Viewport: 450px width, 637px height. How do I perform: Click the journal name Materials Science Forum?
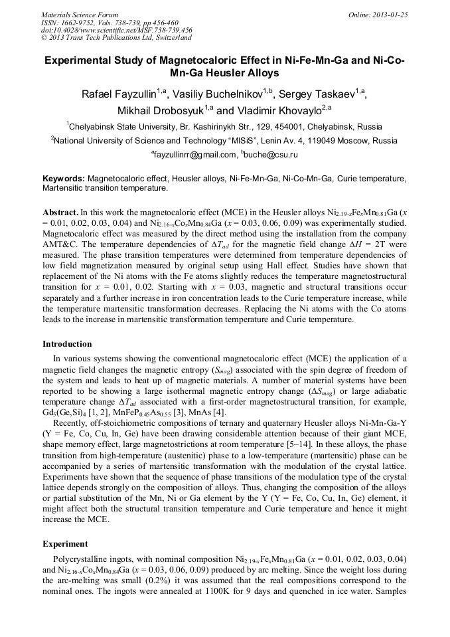(x=80, y=15)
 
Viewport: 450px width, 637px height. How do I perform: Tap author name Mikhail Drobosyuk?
(x=161, y=110)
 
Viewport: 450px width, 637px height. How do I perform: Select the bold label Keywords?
(x=64, y=179)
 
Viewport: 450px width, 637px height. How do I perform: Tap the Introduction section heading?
(x=67, y=344)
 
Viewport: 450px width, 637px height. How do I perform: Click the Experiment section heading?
(x=66, y=543)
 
